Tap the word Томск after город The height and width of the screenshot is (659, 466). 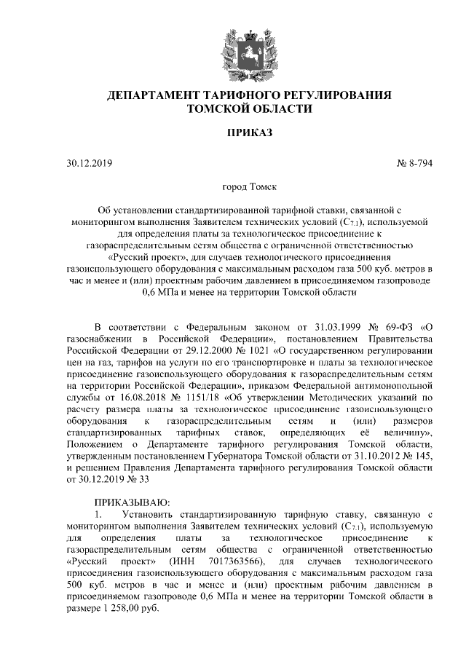click(x=261, y=186)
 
